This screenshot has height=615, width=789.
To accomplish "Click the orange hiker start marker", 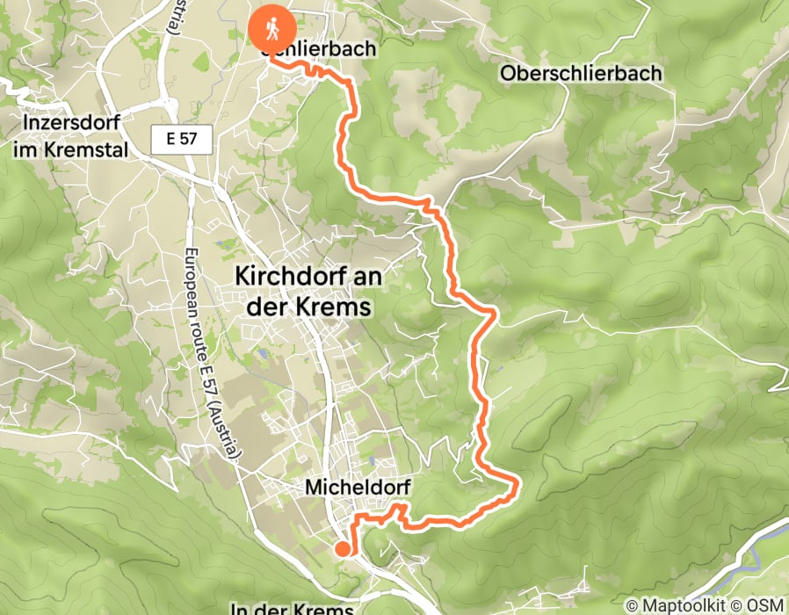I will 273,29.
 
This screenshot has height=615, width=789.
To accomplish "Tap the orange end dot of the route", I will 342,549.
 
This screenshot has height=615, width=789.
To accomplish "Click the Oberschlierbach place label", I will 581,74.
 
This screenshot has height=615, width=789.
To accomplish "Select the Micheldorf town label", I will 358,486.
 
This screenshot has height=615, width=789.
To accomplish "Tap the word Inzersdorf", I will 67,121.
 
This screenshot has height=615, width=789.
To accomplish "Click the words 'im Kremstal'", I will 70,149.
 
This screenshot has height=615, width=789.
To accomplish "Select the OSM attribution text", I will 766,605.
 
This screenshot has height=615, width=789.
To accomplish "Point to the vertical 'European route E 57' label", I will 209,351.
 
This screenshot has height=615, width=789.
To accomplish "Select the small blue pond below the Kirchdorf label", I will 262,355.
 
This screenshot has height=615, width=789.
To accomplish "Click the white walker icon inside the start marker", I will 273,27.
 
